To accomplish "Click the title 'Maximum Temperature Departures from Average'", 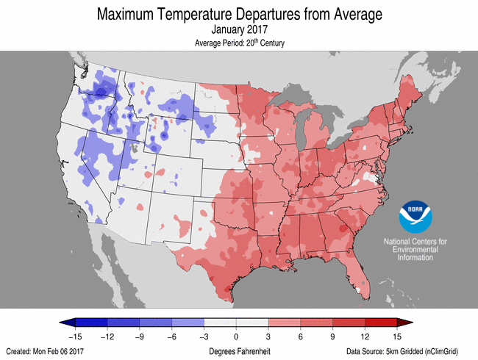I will coord(238,14).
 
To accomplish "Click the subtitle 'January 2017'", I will coord(238,30).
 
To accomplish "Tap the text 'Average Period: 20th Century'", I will coord(238,43).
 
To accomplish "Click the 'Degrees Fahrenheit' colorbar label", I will coord(237,352).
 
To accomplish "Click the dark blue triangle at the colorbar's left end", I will coord(68,323).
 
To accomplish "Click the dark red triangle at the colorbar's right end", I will coord(404,323).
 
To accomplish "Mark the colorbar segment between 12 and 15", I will coord(381,323).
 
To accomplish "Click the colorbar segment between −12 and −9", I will coord(124,323).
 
